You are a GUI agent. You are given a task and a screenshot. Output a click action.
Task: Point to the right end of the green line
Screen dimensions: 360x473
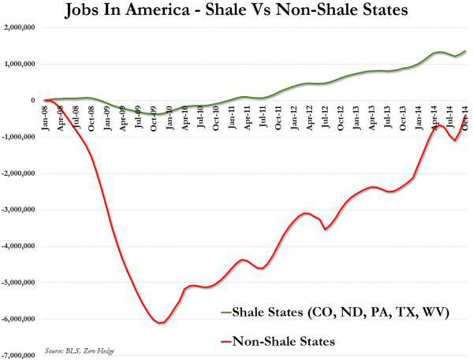pyautogui.click(x=465, y=51)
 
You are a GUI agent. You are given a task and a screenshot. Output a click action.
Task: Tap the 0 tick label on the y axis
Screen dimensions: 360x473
pyautogui.click(x=35, y=101)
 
